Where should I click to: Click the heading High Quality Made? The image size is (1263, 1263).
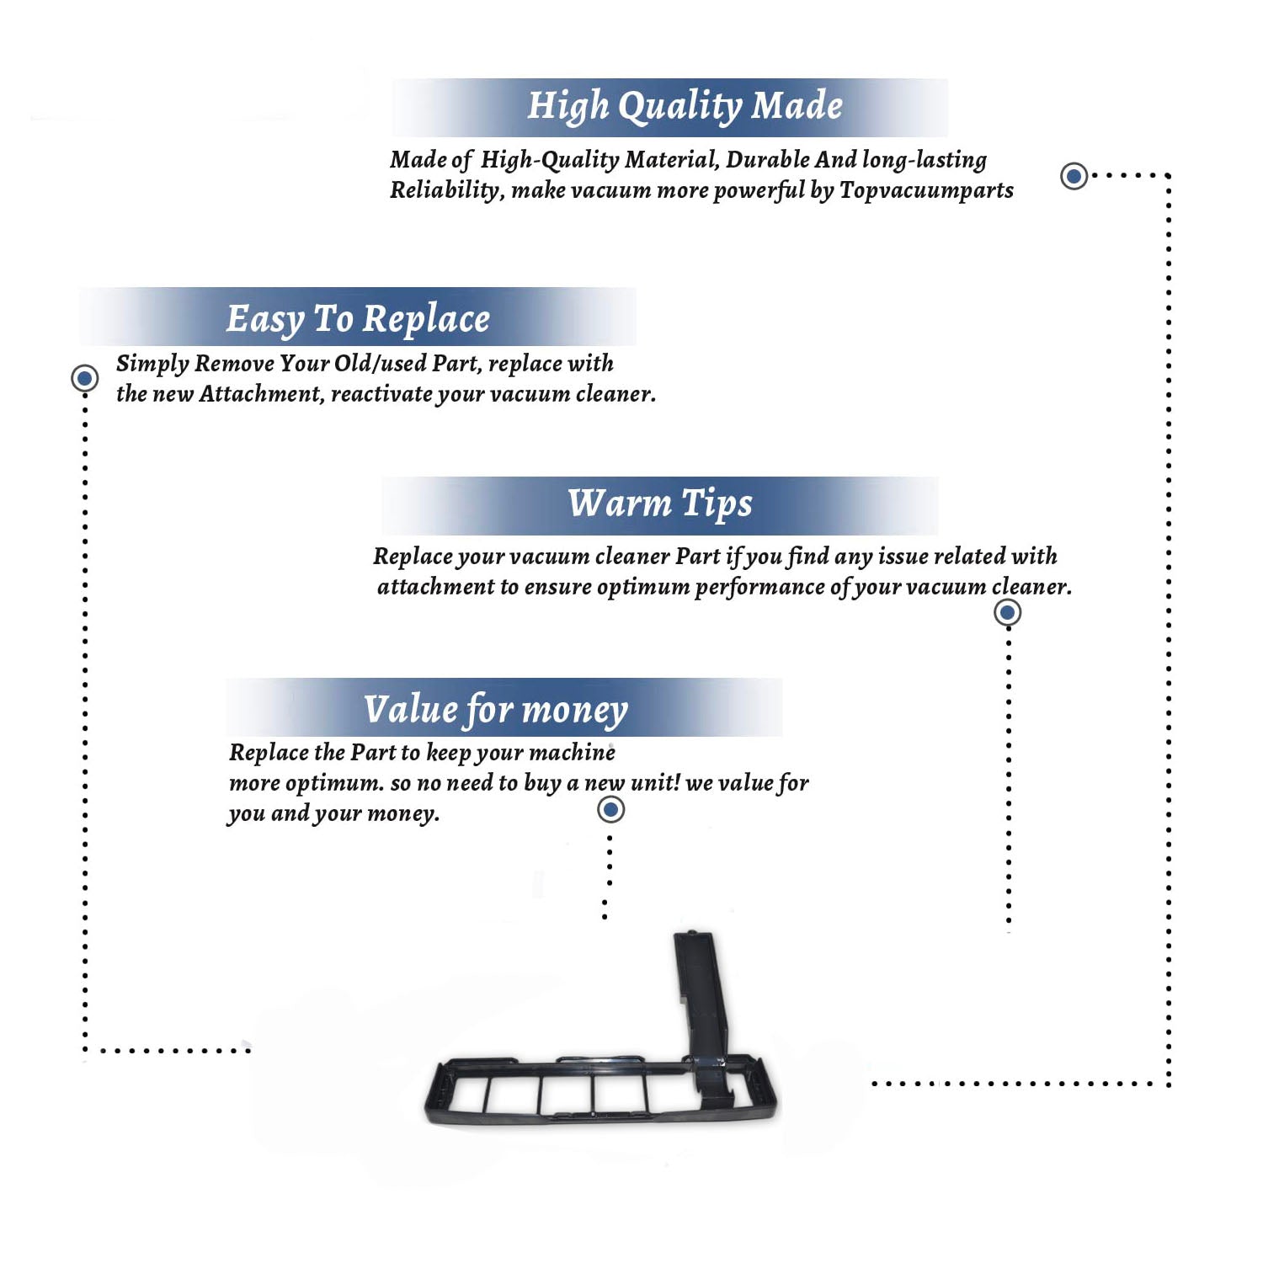coord(685,107)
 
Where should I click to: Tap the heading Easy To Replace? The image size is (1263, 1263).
coord(358,320)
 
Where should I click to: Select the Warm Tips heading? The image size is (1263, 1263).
coord(659,504)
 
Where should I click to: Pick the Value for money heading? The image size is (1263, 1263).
coord(496,710)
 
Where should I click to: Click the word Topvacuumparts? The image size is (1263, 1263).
coord(926,191)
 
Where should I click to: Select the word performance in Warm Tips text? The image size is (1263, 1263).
coord(759,588)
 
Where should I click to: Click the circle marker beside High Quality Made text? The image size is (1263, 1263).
coord(1074,176)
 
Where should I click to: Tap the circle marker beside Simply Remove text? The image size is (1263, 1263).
coord(84,378)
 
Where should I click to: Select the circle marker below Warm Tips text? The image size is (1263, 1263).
coord(1008,612)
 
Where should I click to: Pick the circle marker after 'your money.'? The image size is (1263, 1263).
coord(610,810)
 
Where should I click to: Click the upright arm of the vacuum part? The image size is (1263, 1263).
coord(698,994)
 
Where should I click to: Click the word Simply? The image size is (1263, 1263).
coord(152,364)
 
